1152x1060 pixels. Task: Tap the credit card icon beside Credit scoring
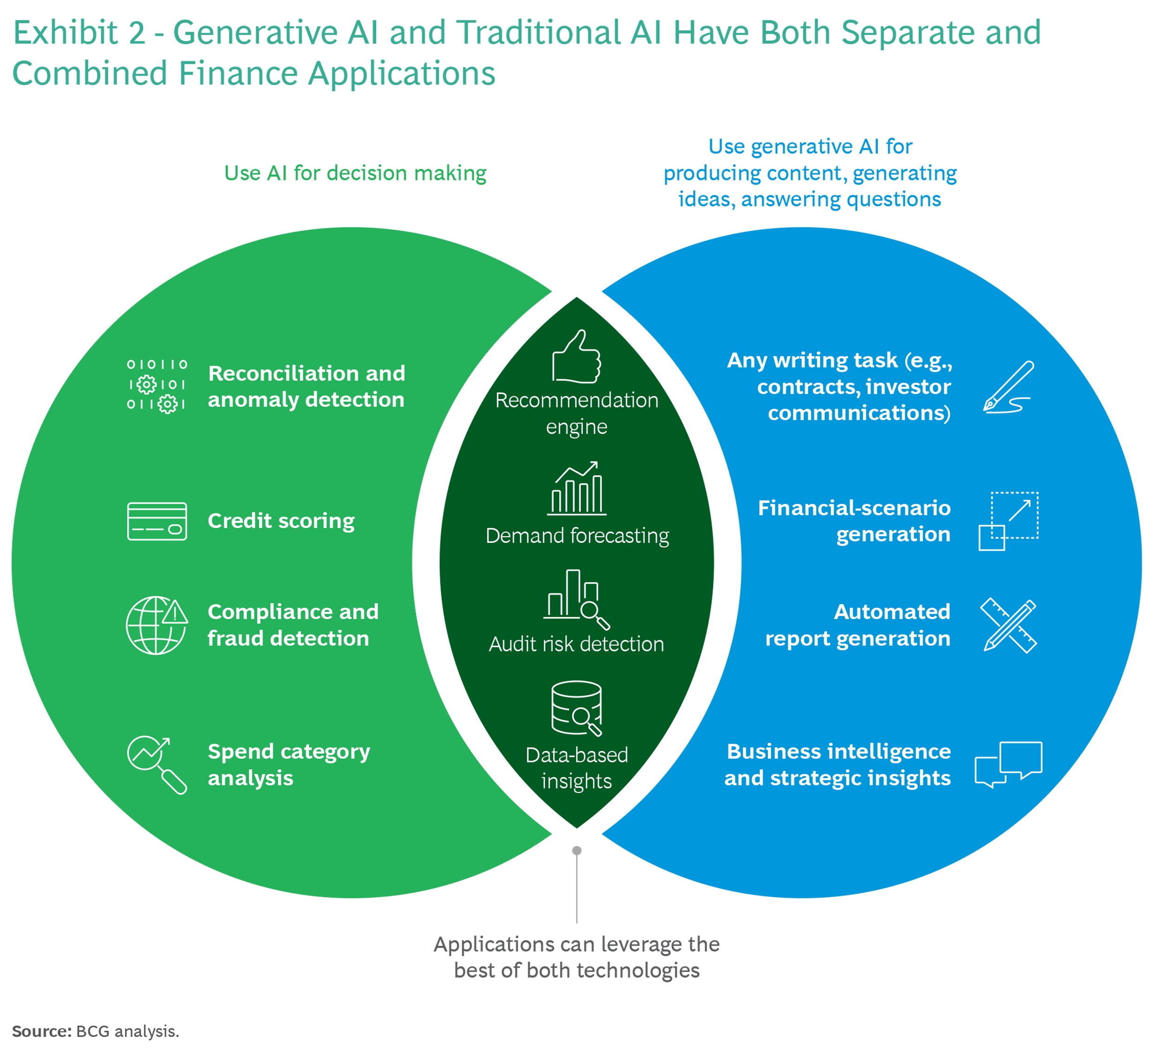tap(157, 521)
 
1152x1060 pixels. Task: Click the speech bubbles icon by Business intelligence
tap(1008, 764)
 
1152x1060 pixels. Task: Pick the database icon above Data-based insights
tap(576, 708)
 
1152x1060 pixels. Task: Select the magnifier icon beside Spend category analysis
tap(157, 764)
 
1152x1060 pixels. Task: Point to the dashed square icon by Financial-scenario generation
tap(1008, 521)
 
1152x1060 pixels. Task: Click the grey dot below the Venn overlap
tap(576, 850)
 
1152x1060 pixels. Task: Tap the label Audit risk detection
tap(576, 644)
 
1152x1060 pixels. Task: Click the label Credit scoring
tap(281, 521)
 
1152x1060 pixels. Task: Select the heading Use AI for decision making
tap(355, 173)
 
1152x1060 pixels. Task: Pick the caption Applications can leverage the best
tap(576, 957)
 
